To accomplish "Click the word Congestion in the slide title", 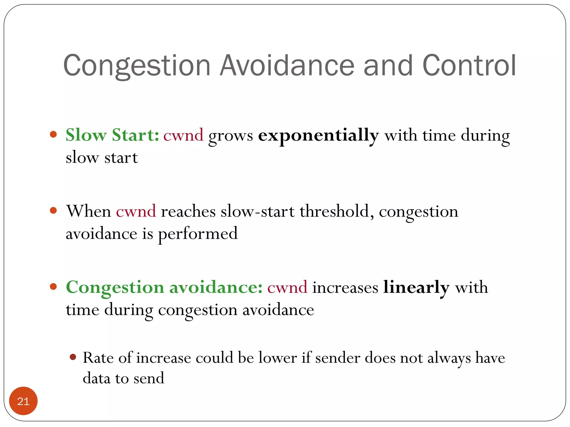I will (x=137, y=66).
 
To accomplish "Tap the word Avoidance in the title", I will (x=287, y=66).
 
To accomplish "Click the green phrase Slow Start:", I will (x=112, y=135).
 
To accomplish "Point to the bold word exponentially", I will (x=318, y=136).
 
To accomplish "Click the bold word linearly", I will (x=416, y=287).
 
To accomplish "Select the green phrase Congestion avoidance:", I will (x=164, y=287).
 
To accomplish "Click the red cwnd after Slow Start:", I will (x=183, y=136).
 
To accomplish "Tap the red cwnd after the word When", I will (x=136, y=211).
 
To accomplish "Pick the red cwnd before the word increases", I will (x=287, y=287).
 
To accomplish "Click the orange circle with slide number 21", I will (x=23, y=401).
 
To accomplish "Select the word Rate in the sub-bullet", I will (x=98, y=358).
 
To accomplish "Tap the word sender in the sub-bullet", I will (x=338, y=358).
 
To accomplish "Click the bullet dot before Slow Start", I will (x=53, y=135).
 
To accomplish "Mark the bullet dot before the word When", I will (x=53, y=210).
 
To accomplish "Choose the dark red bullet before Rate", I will (x=73, y=357).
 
